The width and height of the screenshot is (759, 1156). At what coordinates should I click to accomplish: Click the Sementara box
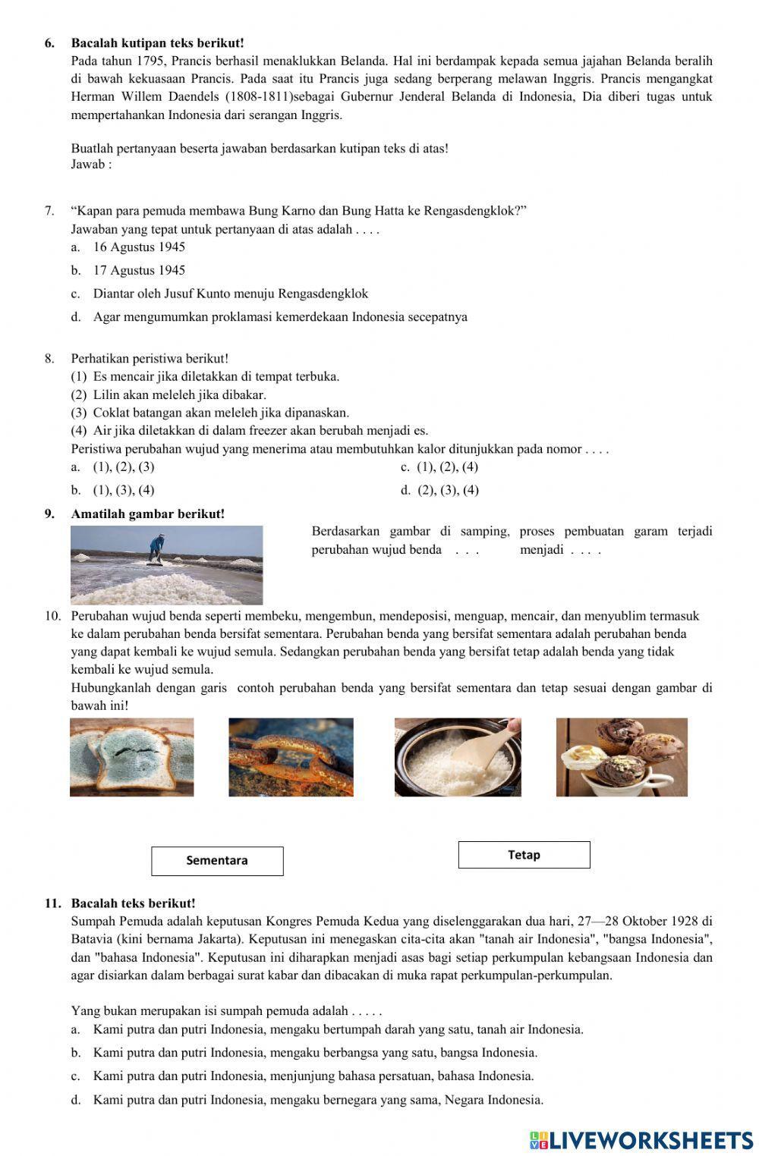(x=217, y=860)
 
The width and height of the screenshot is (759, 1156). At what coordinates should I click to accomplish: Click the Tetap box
(x=524, y=855)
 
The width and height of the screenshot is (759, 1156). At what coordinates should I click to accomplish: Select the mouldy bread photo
(x=132, y=756)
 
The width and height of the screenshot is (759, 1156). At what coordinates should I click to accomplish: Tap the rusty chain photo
(x=291, y=756)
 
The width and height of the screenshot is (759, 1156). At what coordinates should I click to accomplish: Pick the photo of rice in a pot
(x=458, y=757)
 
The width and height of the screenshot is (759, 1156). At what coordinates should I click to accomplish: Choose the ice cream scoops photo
(x=622, y=757)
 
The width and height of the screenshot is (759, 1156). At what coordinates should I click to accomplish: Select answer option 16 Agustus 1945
(x=139, y=247)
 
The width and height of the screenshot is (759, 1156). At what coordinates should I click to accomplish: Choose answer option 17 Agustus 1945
(x=139, y=271)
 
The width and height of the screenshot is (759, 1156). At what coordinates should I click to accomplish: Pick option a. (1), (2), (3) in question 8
(x=123, y=467)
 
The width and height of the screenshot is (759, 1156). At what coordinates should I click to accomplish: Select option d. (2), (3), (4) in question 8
(x=448, y=490)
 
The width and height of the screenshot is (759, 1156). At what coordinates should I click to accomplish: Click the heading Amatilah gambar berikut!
(x=148, y=514)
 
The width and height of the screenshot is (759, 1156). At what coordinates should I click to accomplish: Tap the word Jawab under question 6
(x=88, y=165)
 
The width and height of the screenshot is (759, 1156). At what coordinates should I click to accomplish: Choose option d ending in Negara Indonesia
(x=318, y=1100)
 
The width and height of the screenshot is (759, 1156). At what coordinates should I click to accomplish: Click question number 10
(x=52, y=616)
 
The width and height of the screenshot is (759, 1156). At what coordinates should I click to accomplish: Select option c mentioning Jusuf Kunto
(x=230, y=294)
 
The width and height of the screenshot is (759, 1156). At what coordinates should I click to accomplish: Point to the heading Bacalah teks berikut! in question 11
(x=133, y=903)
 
